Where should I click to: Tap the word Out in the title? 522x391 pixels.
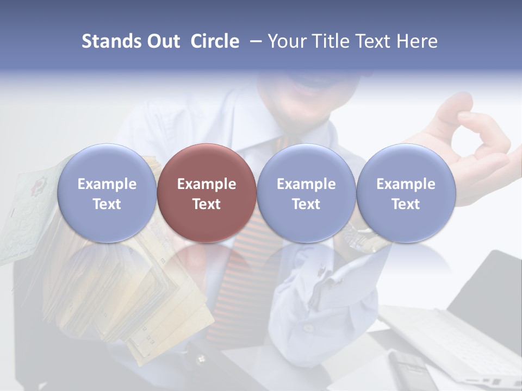pyautogui.click(x=162, y=41)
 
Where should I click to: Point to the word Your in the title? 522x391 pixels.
pyautogui.click(x=287, y=41)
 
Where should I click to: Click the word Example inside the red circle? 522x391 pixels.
pyautogui.click(x=207, y=184)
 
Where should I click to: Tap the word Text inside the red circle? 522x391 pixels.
pyautogui.click(x=207, y=204)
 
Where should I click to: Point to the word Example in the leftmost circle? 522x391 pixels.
pyautogui.click(x=107, y=184)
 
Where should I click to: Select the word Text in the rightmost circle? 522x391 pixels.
pyautogui.click(x=406, y=204)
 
